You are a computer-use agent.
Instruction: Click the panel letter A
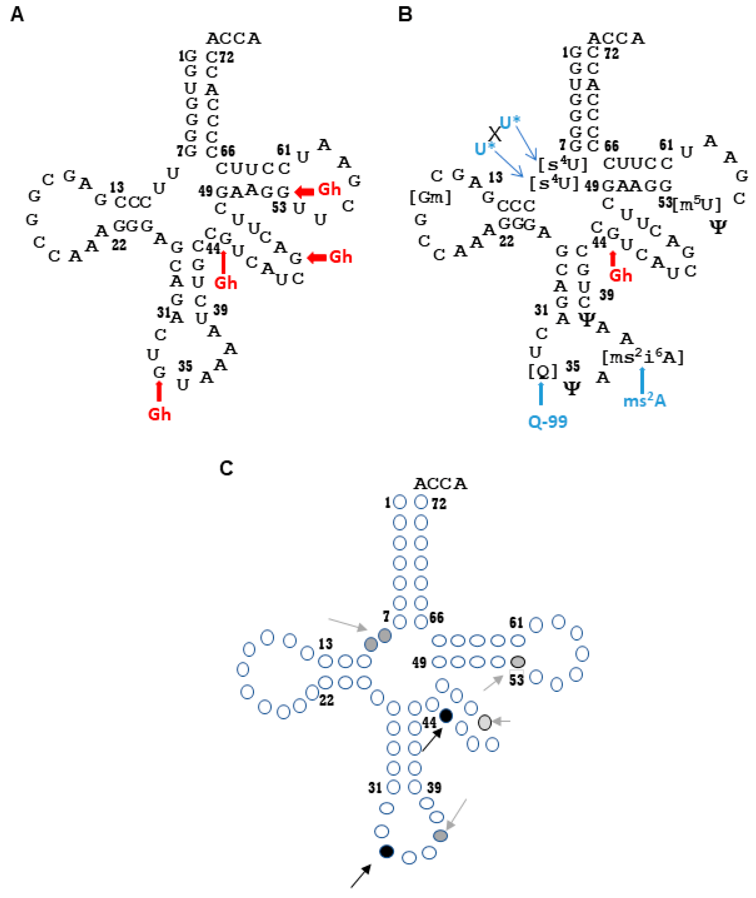pyautogui.click(x=17, y=15)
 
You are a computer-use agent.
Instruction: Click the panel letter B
pyautogui.click(x=405, y=15)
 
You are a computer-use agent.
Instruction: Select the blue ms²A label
pyautogui.click(x=645, y=401)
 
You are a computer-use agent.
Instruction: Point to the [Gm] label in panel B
pyautogui.click(x=430, y=197)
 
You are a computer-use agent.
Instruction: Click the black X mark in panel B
pyautogui.click(x=495, y=133)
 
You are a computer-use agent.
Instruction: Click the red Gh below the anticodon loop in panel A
pyautogui.click(x=159, y=414)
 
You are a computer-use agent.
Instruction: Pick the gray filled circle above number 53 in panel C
pyautogui.click(x=518, y=662)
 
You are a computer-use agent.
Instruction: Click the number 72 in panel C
pyautogui.click(x=439, y=504)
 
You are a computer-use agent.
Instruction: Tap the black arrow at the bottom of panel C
pyautogui.click(x=360, y=876)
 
